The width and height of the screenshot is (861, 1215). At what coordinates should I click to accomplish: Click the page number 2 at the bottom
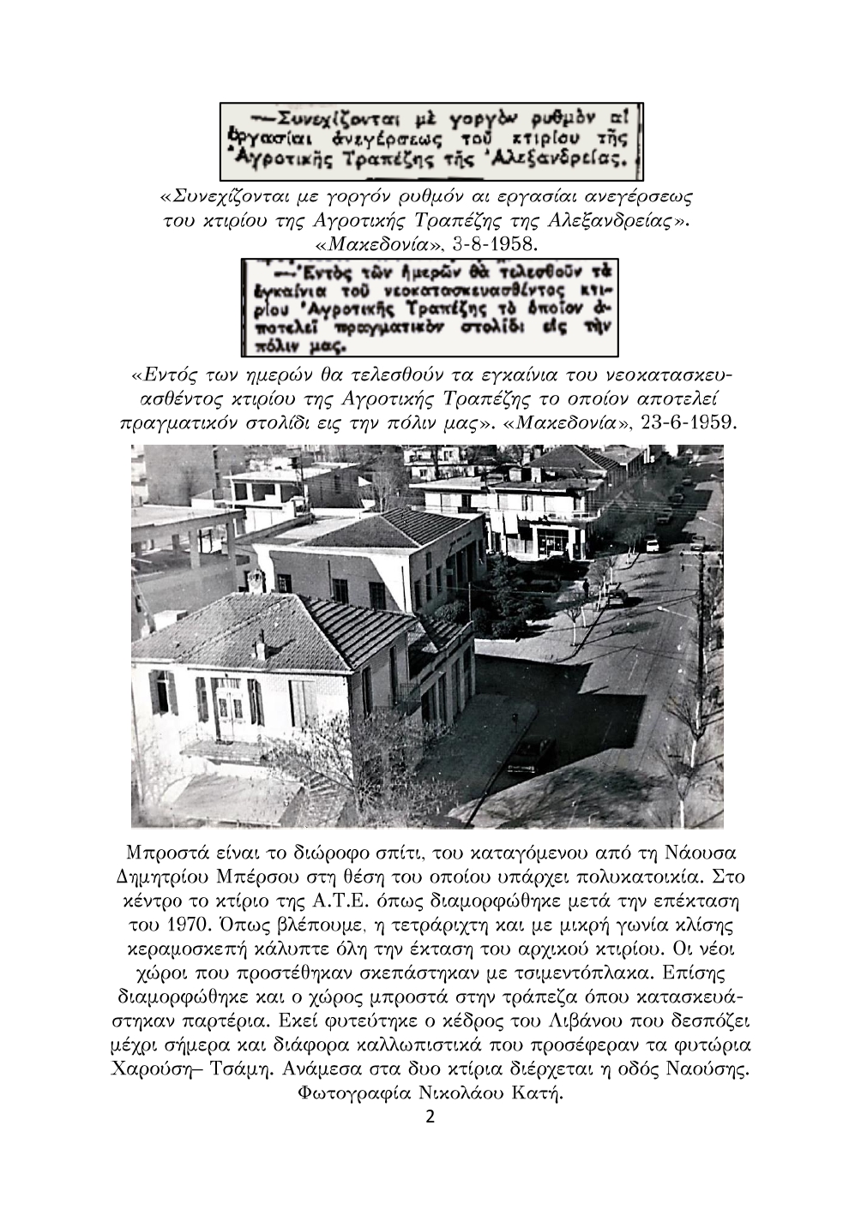click(430, 1117)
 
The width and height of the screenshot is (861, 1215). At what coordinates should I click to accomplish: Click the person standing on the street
click(585, 590)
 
